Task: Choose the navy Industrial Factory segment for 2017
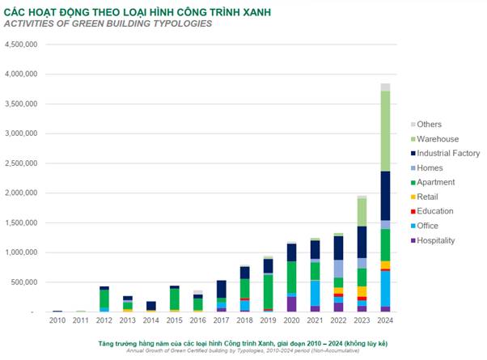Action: [x=221, y=289]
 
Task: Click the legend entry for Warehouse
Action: [x=436, y=138]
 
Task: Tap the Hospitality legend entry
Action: [x=436, y=240]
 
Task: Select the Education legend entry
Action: [x=436, y=211]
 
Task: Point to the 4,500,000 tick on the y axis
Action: [x=21, y=44]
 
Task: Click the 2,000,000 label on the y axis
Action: [x=21, y=193]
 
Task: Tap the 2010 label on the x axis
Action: [x=57, y=321]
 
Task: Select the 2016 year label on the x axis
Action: [x=197, y=321]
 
